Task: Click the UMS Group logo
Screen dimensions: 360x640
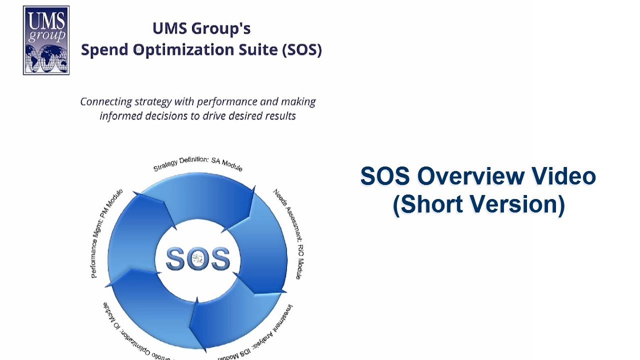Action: pyautogui.click(x=46, y=40)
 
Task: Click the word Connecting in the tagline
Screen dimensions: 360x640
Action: pyautogui.click(x=106, y=101)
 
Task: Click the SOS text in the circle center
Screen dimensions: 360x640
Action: pyautogui.click(x=197, y=259)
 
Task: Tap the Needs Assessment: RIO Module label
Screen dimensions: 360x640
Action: pyautogui.click(x=287, y=232)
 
